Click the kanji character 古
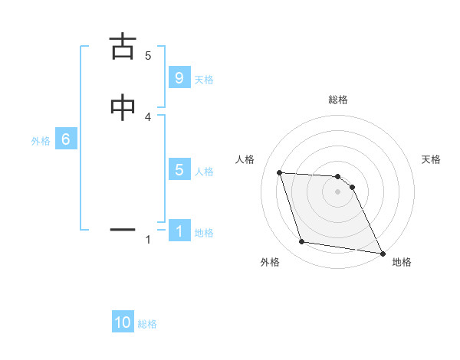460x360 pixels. pyautogui.click(x=123, y=47)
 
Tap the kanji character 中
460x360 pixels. pyautogui.click(x=123, y=108)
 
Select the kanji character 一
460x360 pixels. pyautogui.click(x=123, y=228)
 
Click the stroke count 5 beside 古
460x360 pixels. pyautogui.click(x=148, y=55)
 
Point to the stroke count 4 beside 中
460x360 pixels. pyautogui.click(x=148, y=116)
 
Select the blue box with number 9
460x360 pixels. pyautogui.click(x=179, y=78)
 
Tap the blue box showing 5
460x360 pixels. pyautogui.click(x=179, y=170)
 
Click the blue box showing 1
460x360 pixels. pyautogui.click(x=179, y=231)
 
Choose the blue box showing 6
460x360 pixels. pyautogui.click(x=66, y=139)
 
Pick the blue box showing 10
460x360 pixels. pyautogui.click(x=123, y=322)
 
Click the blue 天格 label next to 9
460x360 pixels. pyautogui.click(x=204, y=80)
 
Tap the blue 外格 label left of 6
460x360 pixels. pyautogui.click(x=41, y=141)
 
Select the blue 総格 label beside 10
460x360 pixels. pyautogui.click(x=147, y=324)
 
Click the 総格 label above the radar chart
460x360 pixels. pyautogui.click(x=338, y=100)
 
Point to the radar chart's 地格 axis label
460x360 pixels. pyautogui.click(x=402, y=262)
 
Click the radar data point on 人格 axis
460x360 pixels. pyautogui.click(x=280, y=173)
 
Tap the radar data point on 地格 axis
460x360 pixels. pyautogui.click(x=382, y=252)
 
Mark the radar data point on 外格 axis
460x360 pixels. pyautogui.click(x=302, y=243)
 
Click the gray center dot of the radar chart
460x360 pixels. pyautogui.click(x=338, y=192)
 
